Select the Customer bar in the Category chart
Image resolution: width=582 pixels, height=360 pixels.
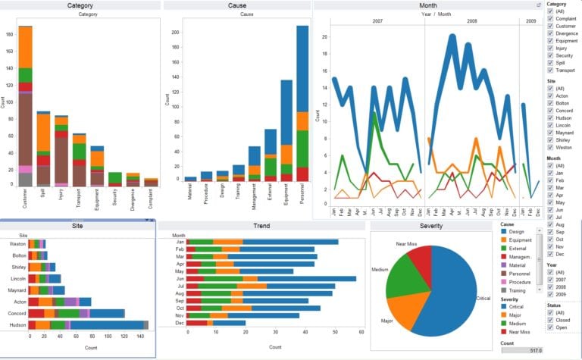pos(26,106)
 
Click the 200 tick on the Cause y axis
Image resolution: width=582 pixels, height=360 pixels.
pos(175,33)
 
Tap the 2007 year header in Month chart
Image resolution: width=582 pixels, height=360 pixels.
pos(377,21)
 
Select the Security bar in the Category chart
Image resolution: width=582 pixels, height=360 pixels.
pos(114,179)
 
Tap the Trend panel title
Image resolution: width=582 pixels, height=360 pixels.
pos(261,226)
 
